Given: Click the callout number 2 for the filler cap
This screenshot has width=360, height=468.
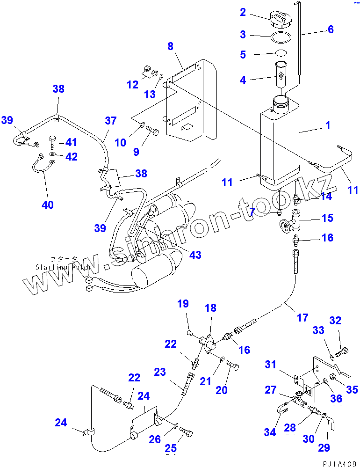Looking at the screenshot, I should point(243,13).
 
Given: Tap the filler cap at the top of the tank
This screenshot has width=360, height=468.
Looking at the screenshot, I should point(280,21).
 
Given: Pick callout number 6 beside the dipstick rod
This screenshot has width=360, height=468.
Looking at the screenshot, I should point(331,29).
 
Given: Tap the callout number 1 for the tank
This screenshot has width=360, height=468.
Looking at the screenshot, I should point(328,125).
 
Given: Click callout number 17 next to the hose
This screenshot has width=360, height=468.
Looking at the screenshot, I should point(302,318).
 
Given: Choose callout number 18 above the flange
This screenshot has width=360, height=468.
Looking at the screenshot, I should point(210,308).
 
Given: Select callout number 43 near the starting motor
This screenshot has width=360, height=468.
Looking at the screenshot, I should point(195,255).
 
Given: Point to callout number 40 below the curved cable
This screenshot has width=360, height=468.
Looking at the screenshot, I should point(48,205).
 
